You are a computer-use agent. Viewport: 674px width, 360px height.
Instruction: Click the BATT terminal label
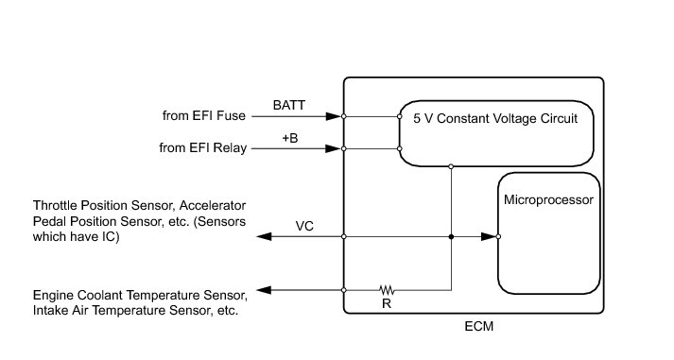(x=289, y=105)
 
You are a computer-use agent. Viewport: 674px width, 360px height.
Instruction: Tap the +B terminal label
(x=289, y=138)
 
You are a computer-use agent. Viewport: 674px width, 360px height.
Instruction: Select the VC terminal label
(x=304, y=227)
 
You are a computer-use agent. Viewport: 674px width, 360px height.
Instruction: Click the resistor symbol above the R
(x=387, y=290)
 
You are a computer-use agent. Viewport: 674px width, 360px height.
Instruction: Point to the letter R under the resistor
(x=387, y=303)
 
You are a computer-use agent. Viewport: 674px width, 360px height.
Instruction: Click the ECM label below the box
(x=479, y=327)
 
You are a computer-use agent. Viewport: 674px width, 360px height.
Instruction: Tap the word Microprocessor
(x=548, y=199)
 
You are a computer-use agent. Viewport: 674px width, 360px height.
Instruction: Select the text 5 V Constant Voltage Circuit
(x=495, y=118)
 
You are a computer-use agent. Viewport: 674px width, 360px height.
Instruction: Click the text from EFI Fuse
(x=204, y=115)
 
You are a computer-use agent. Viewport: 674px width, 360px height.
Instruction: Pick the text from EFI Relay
(x=203, y=147)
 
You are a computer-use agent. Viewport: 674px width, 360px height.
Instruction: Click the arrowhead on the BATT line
(x=333, y=116)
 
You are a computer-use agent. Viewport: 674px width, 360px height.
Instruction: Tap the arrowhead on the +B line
(x=333, y=148)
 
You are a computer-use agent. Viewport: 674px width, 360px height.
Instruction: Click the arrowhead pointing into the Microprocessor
(x=489, y=237)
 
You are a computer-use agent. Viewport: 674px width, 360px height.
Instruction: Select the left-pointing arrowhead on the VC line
(x=264, y=237)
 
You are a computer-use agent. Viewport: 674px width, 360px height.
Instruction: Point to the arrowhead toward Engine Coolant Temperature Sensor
(x=264, y=290)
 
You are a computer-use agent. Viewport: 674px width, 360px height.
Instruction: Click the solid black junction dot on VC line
(x=451, y=237)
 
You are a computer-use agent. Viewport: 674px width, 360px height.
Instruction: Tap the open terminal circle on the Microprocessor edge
(x=498, y=237)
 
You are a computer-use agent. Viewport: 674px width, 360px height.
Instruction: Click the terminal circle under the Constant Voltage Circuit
(x=451, y=166)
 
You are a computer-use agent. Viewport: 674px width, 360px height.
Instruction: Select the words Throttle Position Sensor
(x=104, y=205)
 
